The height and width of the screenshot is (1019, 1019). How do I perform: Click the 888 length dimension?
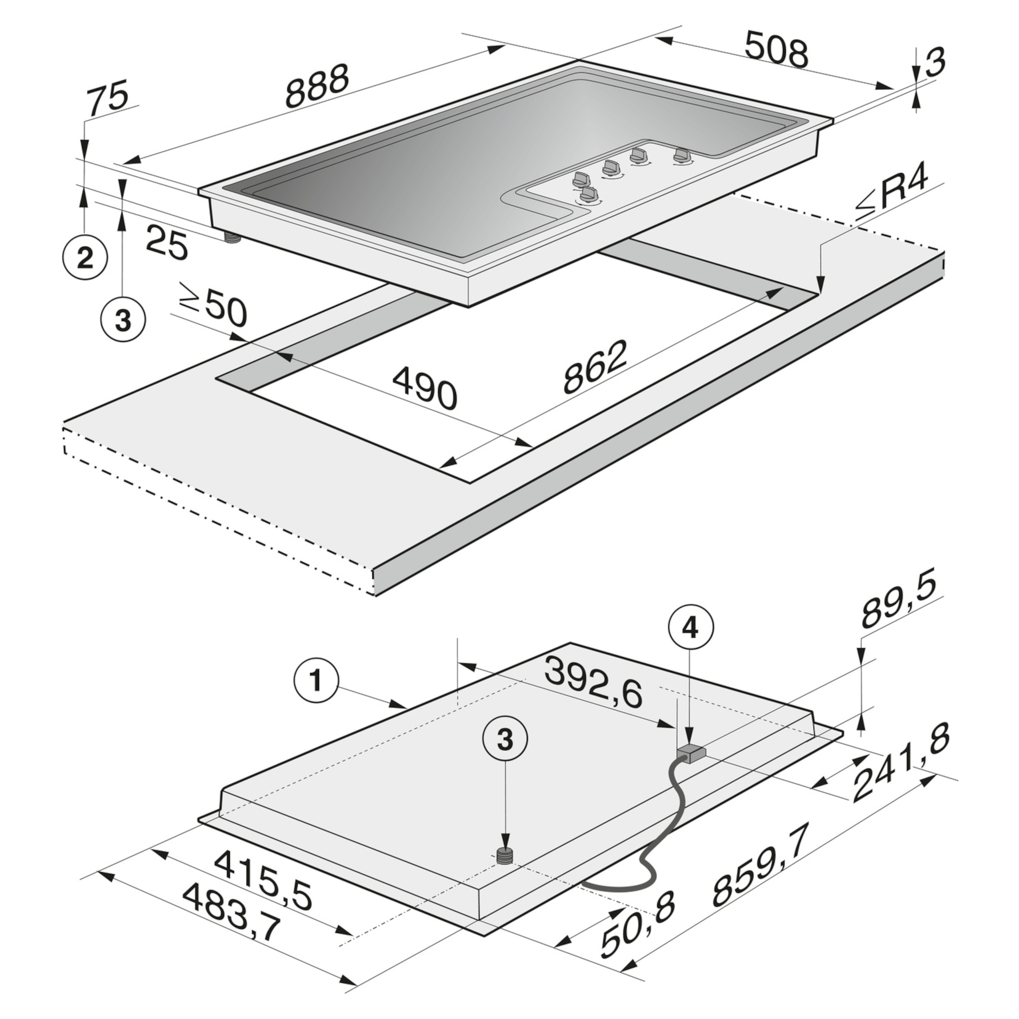point(317,85)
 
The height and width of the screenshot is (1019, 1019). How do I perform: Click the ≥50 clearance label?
point(213,310)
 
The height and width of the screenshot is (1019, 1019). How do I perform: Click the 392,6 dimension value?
point(594,684)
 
